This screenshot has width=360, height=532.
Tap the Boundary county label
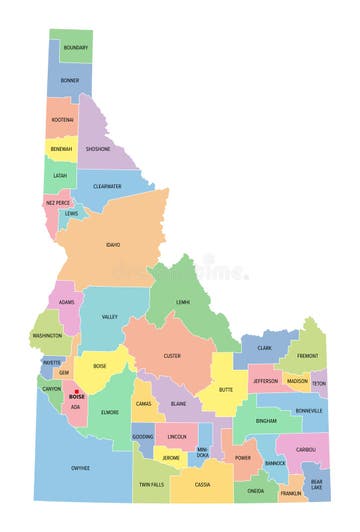pos(75,47)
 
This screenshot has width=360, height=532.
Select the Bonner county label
pos(69,80)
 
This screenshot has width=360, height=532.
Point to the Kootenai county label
pos(62,119)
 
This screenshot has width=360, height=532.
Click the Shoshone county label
pos(98,149)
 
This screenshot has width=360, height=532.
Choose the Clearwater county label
pos(107,186)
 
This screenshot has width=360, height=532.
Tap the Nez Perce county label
pos(58,203)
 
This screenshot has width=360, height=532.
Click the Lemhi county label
pos(183,301)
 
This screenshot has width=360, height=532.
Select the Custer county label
pos(172,355)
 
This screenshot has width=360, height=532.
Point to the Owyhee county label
pos(80,467)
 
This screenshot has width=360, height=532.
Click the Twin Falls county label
pos(151,484)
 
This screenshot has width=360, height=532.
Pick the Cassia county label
pos(202,484)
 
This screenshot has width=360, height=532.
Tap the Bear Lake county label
pos(316,485)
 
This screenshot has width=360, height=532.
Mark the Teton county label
pos(318,383)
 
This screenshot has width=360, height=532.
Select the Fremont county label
pos(307,355)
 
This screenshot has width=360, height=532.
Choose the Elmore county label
pos(110,411)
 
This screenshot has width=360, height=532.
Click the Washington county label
pos(47,336)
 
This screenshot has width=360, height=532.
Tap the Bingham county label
pos(265,421)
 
